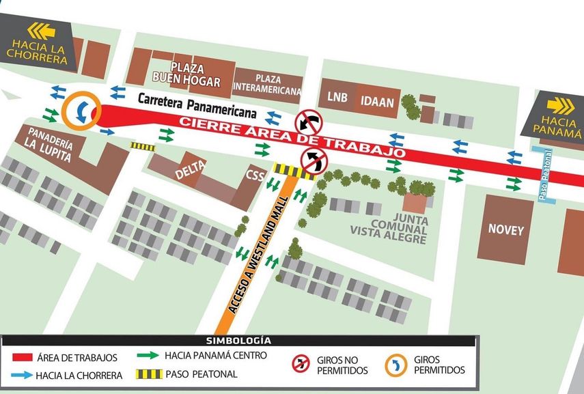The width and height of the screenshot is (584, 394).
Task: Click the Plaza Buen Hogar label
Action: [x=195, y=75]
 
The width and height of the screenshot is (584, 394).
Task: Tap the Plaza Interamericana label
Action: [x=267, y=84]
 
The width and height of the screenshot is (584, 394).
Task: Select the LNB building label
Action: [x=337, y=98]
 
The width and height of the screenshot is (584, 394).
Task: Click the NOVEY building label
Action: [x=505, y=230]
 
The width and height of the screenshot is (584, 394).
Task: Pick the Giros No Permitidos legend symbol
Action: [x=301, y=363]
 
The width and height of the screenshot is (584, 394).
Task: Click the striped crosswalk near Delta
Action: [x=143, y=147]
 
